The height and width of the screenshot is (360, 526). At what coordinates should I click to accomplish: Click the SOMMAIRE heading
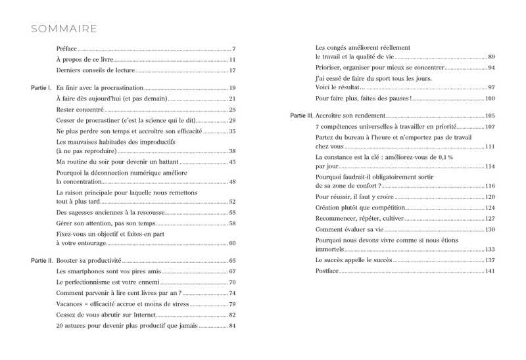point(64,29)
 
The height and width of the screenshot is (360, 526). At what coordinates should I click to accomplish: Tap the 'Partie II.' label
point(42,261)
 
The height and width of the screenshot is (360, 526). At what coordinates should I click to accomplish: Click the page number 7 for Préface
point(233,49)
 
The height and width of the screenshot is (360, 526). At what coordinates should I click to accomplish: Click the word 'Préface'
point(66,49)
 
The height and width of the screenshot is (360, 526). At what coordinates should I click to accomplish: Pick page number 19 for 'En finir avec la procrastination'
point(232,87)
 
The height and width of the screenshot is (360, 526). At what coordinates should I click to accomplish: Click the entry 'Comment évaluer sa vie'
point(349,229)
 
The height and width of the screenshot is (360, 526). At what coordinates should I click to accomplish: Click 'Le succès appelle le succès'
point(353,261)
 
